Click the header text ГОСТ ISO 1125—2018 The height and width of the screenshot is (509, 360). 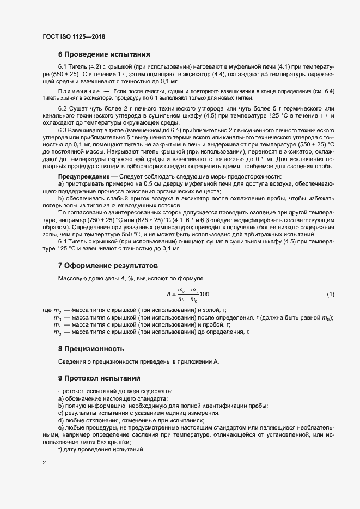click(x=74, y=36)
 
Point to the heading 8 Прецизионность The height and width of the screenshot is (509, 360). click(x=91, y=348)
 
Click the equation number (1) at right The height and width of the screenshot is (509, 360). click(x=330, y=295)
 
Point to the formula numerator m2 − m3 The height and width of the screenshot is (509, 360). click(x=188, y=291)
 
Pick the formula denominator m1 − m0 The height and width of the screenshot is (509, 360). click(x=188, y=299)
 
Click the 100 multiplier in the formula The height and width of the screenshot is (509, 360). click(x=205, y=295)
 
